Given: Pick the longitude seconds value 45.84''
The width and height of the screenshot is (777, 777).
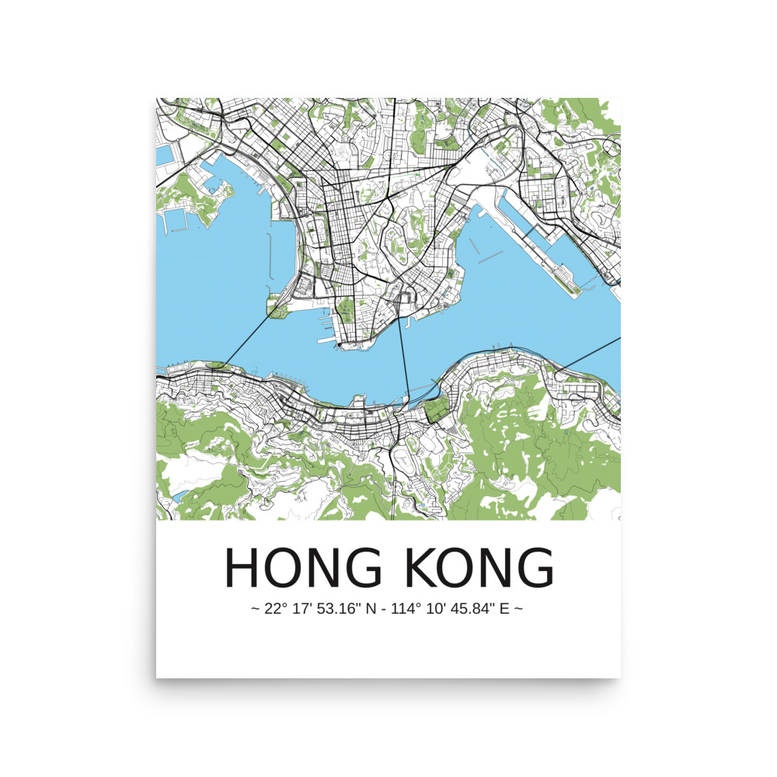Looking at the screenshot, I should coord(469,608).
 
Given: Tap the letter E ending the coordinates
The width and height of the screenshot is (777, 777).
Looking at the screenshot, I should coord(503,608).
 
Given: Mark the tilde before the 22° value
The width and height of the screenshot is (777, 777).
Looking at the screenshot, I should coord(255,608).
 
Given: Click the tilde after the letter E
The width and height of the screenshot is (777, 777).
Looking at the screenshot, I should coord(518,608).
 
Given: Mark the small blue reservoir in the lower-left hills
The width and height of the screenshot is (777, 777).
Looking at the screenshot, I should coord(179,495).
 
